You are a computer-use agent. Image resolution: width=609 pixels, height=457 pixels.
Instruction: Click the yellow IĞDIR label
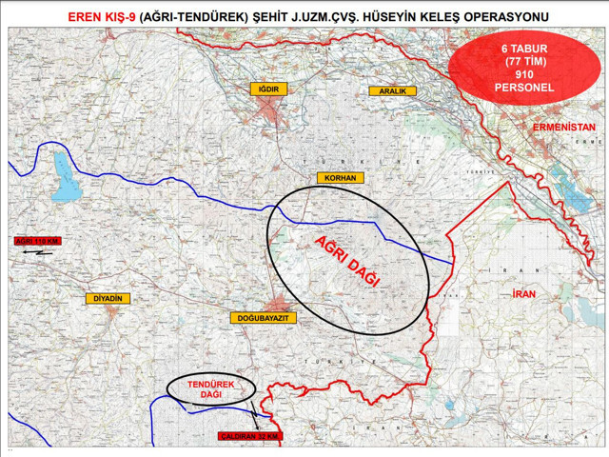[268, 89]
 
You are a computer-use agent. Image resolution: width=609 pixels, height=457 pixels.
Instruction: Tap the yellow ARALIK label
[392, 90]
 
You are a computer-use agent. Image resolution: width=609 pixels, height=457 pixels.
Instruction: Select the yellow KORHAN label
[340, 178]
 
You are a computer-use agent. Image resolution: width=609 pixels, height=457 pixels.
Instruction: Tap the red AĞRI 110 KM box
[39, 242]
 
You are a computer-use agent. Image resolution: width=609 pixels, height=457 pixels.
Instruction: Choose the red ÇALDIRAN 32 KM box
[250, 436]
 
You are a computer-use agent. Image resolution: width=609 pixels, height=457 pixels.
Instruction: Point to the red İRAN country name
[524, 295]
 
